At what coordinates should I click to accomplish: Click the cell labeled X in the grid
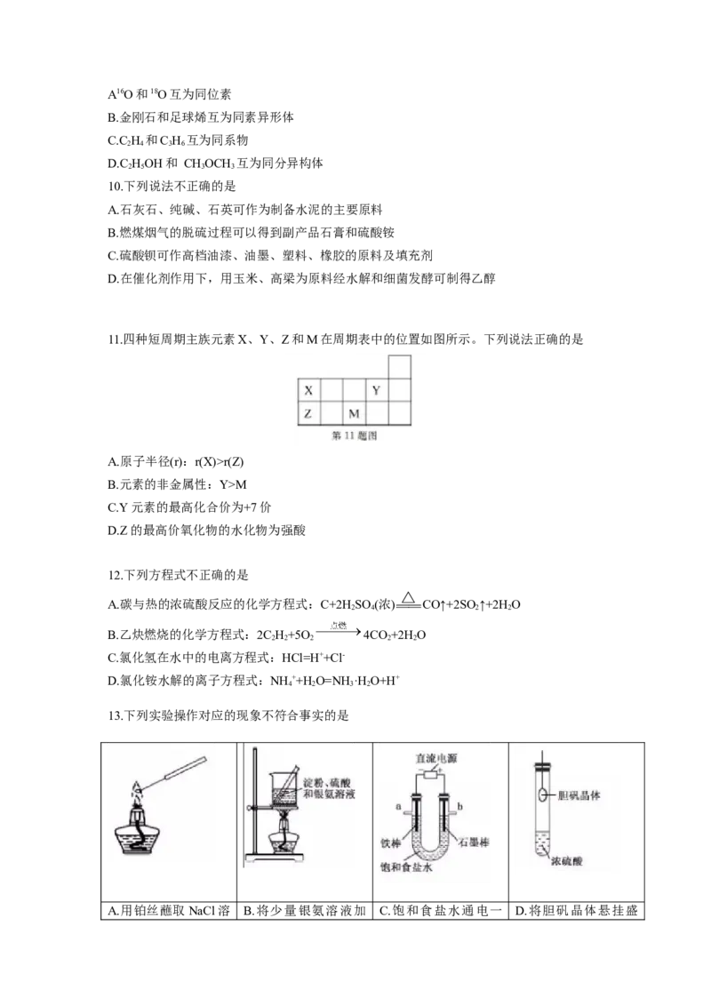308,391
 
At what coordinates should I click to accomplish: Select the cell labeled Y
376,391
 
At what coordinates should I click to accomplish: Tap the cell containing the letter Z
308,413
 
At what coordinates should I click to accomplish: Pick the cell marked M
354,413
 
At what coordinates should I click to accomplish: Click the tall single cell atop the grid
400,365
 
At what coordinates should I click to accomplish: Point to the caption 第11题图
355,436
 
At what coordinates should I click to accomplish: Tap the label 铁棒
391,842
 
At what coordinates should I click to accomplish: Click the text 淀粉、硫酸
329,783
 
